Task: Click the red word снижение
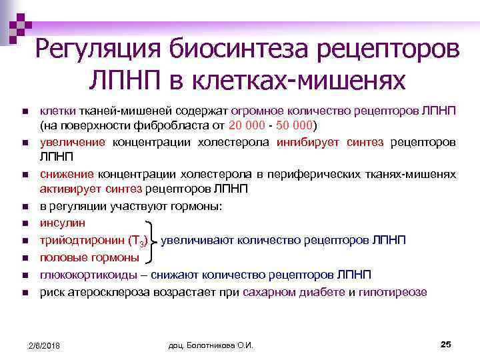pyautogui.click(x=64, y=174)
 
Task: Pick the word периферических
pyautogui.click(x=327, y=174)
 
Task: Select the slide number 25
pyautogui.click(x=446, y=343)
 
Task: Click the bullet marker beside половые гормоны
pyautogui.click(x=24, y=257)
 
